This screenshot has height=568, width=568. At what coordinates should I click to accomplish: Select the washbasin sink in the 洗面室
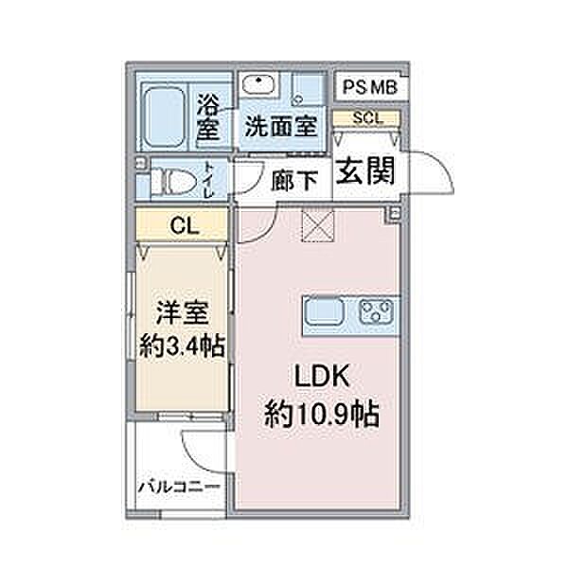(x=258, y=84)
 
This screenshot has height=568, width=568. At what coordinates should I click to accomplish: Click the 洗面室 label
(x=281, y=127)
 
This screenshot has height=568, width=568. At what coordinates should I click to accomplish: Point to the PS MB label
(x=370, y=87)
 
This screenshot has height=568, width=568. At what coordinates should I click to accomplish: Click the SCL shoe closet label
(x=367, y=118)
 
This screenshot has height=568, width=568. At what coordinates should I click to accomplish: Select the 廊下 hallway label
(x=294, y=181)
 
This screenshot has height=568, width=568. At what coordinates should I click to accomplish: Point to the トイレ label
(x=209, y=179)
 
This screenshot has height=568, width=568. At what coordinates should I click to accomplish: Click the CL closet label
(x=185, y=226)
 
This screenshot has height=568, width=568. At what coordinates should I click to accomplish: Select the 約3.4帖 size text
(x=183, y=346)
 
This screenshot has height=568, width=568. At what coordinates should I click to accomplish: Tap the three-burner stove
(x=377, y=311)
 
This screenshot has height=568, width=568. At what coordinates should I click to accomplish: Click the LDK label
(x=322, y=376)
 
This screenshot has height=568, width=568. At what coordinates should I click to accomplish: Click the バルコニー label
(x=180, y=488)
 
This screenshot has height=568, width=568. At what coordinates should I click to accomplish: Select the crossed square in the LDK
(x=318, y=226)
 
